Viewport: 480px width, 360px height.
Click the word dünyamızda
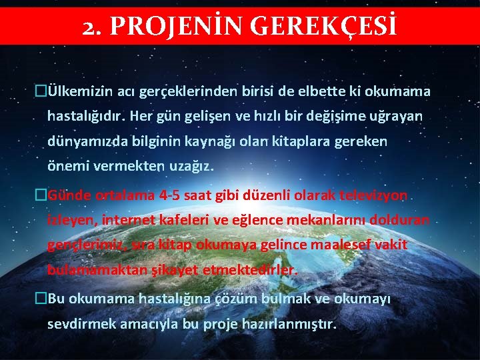tap(81, 141)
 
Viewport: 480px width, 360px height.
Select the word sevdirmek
tap(79, 324)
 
